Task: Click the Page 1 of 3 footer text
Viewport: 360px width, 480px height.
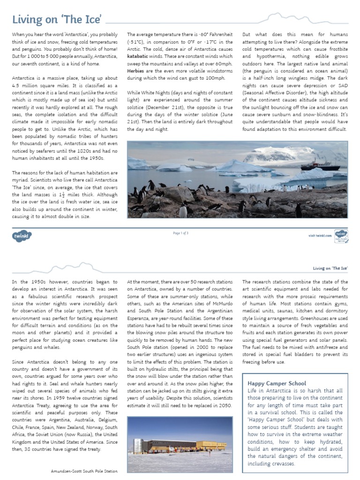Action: coord(180,233)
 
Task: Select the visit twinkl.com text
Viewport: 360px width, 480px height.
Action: coord(320,235)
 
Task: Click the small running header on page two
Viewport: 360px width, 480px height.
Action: coord(330,268)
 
